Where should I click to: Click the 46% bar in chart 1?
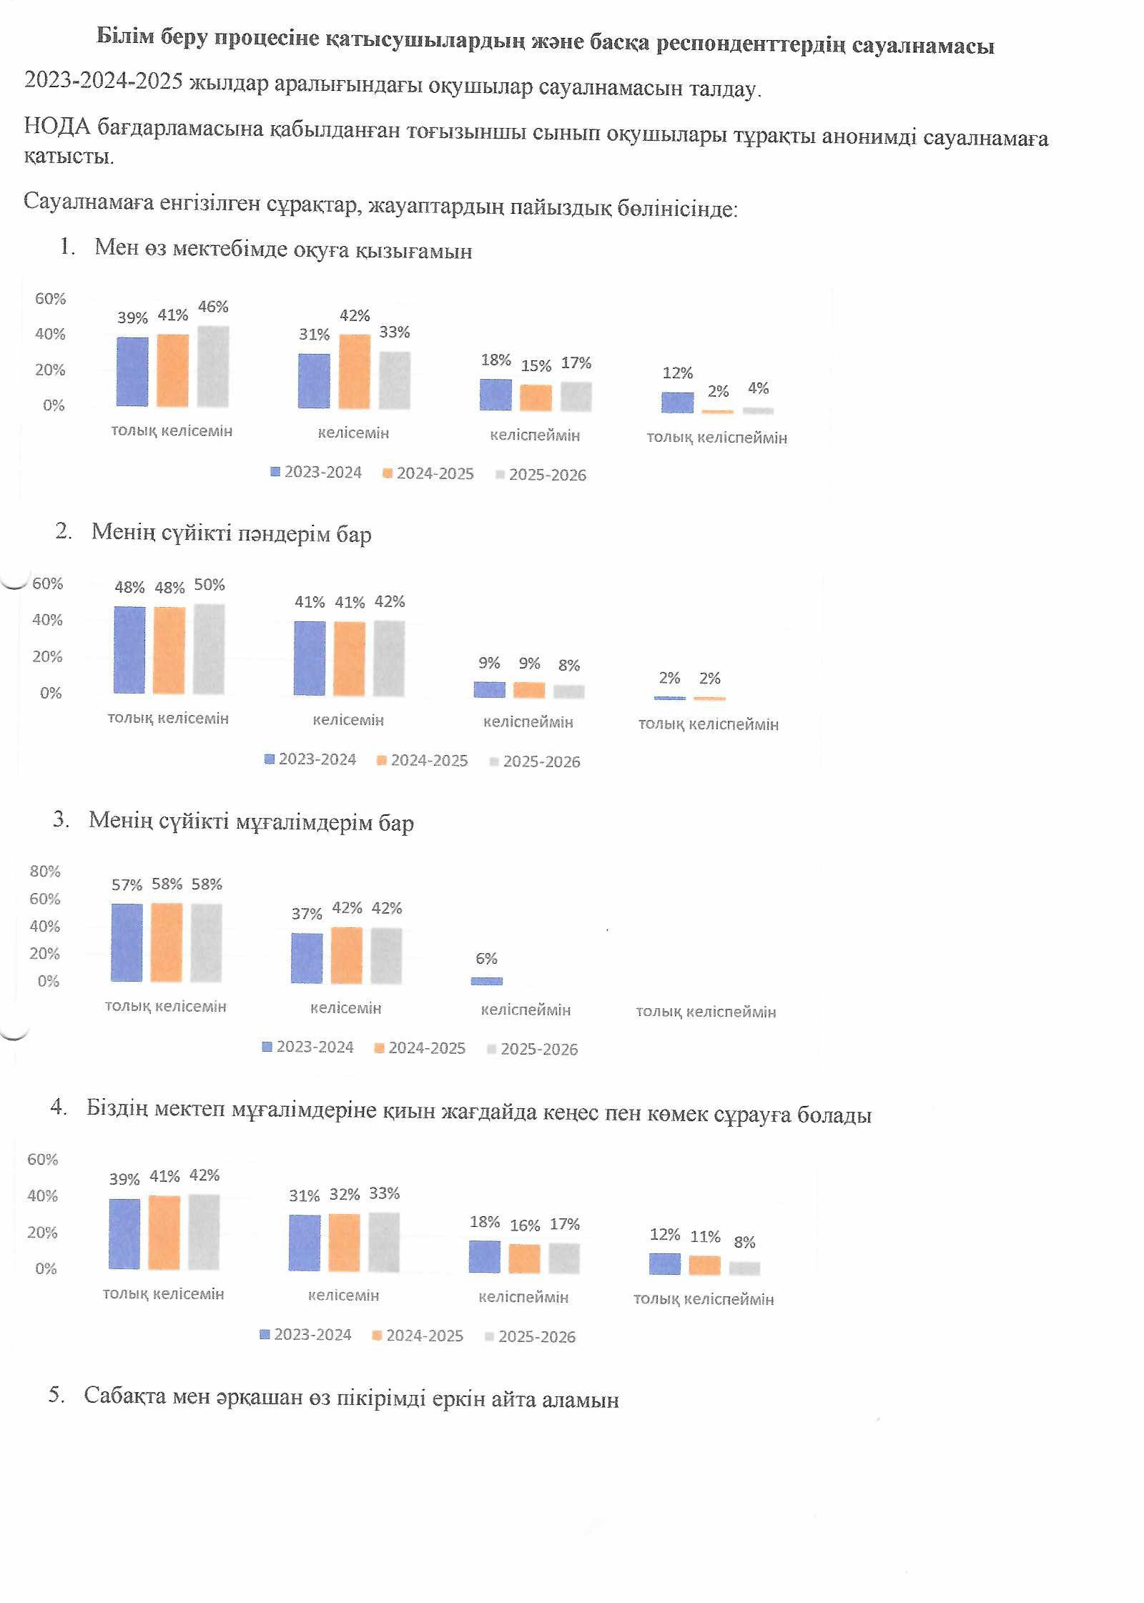coord(213,366)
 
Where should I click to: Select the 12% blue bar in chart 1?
coord(677,403)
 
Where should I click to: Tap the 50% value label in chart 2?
coord(209,585)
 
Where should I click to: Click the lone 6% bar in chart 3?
coord(487,981)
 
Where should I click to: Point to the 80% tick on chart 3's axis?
coord(45,871)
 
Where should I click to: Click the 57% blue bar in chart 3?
coord(127,942)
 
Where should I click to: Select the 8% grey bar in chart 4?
coord(744,1268)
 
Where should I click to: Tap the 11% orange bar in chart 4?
coord(705,1265)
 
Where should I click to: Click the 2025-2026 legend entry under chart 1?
coord(541,475)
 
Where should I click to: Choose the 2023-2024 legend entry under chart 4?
coord(306,1334)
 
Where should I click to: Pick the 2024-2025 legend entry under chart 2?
coord(423,760)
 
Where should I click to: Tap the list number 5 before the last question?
coord(55,1395)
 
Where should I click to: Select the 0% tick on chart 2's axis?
coord(51,693)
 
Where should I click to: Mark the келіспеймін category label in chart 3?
coord(526,1010)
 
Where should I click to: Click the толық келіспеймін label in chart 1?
coord(716,438)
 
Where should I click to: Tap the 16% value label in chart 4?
coord(525,1225)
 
